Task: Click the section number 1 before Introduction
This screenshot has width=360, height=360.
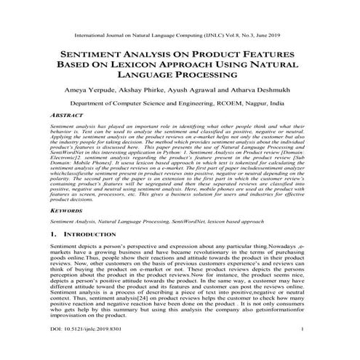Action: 54,236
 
